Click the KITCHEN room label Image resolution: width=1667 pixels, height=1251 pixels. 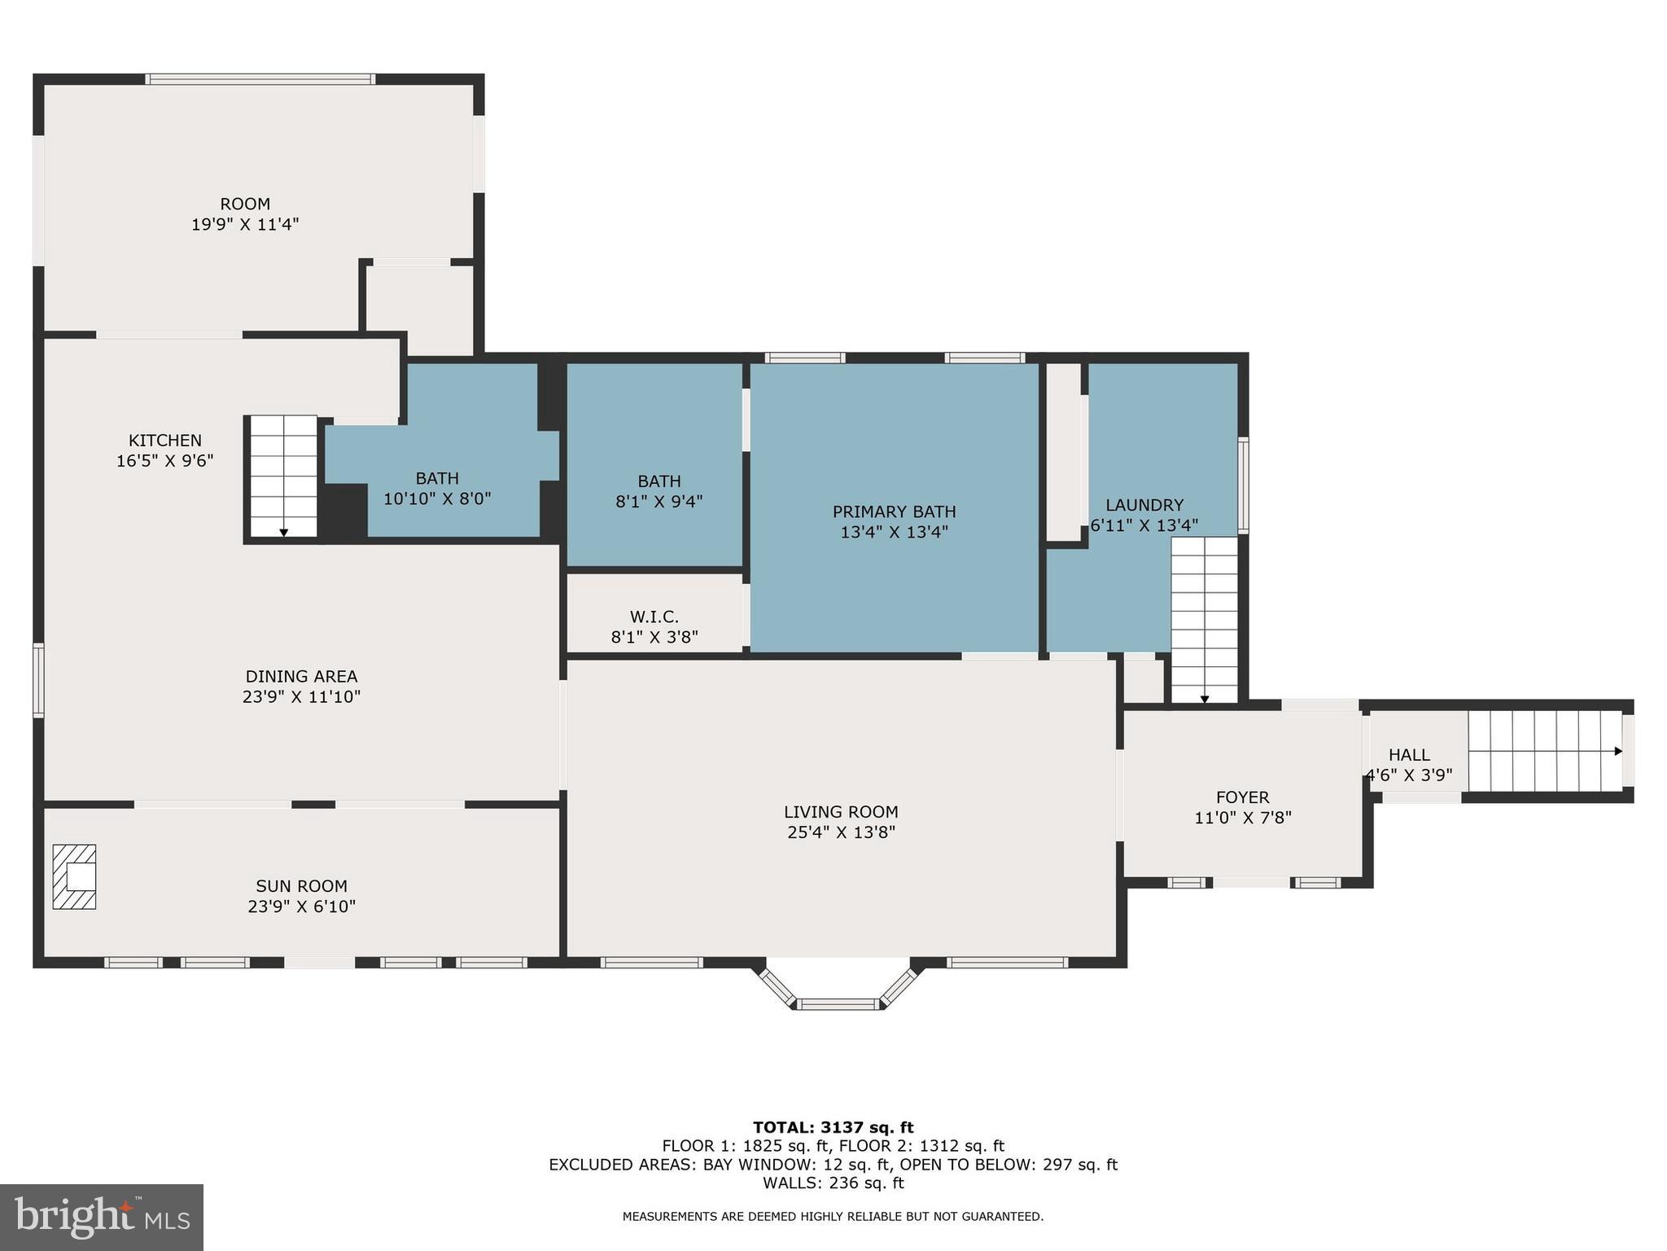(164, 441)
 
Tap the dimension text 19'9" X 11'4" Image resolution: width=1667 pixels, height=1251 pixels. (245, 225)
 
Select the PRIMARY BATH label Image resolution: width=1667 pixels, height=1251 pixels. (894, 511)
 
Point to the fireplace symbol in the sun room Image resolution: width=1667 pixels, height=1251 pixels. (74, 876)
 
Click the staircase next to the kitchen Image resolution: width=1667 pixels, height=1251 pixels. (282, 476)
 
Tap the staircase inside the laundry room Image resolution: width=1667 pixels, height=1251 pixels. (1204, 619)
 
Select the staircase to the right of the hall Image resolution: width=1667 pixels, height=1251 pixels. (1544, 751)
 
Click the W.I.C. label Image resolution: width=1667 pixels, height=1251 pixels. (654, 617)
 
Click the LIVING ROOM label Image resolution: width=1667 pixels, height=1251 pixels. (841, 812)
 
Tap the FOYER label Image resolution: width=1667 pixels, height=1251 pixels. (1242, 797)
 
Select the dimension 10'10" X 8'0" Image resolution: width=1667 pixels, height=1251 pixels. (437, 498)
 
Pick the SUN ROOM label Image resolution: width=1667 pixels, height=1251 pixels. (301, 886)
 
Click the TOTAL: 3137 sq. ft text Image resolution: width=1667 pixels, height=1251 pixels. (833, 1127)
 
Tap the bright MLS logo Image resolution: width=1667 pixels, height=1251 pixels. (102, 1218)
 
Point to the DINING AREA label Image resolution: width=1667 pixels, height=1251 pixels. (301, 676)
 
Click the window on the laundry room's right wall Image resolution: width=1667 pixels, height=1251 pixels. (1243, 485)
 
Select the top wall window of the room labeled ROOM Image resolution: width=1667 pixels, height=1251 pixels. (260, 80)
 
